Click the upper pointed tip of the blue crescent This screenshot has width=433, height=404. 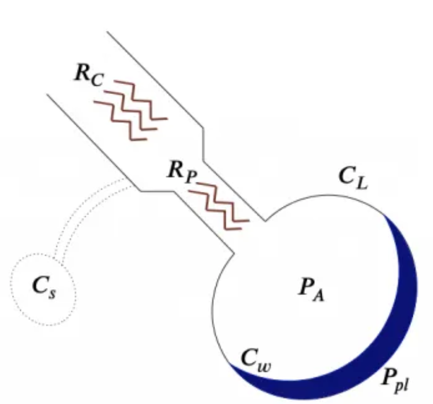click(x=384, y=216)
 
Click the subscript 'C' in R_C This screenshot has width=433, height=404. click(x=96, y=82)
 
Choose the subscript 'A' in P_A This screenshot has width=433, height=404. click(x=319, y=294)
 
